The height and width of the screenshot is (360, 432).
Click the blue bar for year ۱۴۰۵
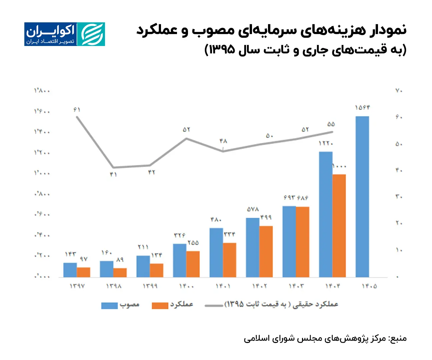pyautogui.click(x=362, y=197)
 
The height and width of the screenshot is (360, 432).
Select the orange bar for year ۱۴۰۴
pyautogui.click(x=339, y=226)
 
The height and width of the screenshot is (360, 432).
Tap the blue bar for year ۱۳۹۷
pyautogui.click(x=70, y=270)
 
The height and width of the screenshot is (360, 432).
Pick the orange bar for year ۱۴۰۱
pyautogui.click(x=229, y=260)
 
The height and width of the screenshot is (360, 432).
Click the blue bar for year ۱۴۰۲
pyautogui.click(x=253, y=247)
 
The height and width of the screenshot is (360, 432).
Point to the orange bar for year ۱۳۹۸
pyautogui.click(x=120, y=273)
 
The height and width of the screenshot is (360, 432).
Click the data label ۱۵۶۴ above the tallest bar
pyautogui.click(x=362, y=108)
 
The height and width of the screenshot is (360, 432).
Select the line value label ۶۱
pyautogui.click(x=77, y=110)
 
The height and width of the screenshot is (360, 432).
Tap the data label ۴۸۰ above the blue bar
pyautogui.click(x=216, y=220)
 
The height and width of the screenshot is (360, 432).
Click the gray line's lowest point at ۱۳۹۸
pyautogui.click(x=113, y=167)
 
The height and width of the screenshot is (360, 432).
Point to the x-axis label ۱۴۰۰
pyautogui.click(x=186, y=286)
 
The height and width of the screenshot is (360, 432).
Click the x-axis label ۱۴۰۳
pyautogui.click(x=296, y=286)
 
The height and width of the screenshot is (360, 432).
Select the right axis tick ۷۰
pyautogui.click(x=399, y=91)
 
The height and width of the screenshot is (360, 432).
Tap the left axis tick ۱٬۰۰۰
pyautogui.click(x=42, y=173)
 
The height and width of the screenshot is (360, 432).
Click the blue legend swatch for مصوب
pyautogui.click(x=109, y=305)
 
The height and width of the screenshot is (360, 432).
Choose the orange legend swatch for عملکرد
pyautogui.click(x=160, y=305)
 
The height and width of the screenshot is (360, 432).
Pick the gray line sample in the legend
pyautogui.click(x=214, y=305)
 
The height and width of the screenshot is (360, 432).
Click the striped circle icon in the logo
pyautogui.click(x=91, y=34)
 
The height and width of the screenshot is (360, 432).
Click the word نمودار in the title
pyautogui.click(x=387, y=30)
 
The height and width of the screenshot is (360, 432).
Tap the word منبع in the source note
pyautogui.click(x=398, y=338)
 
